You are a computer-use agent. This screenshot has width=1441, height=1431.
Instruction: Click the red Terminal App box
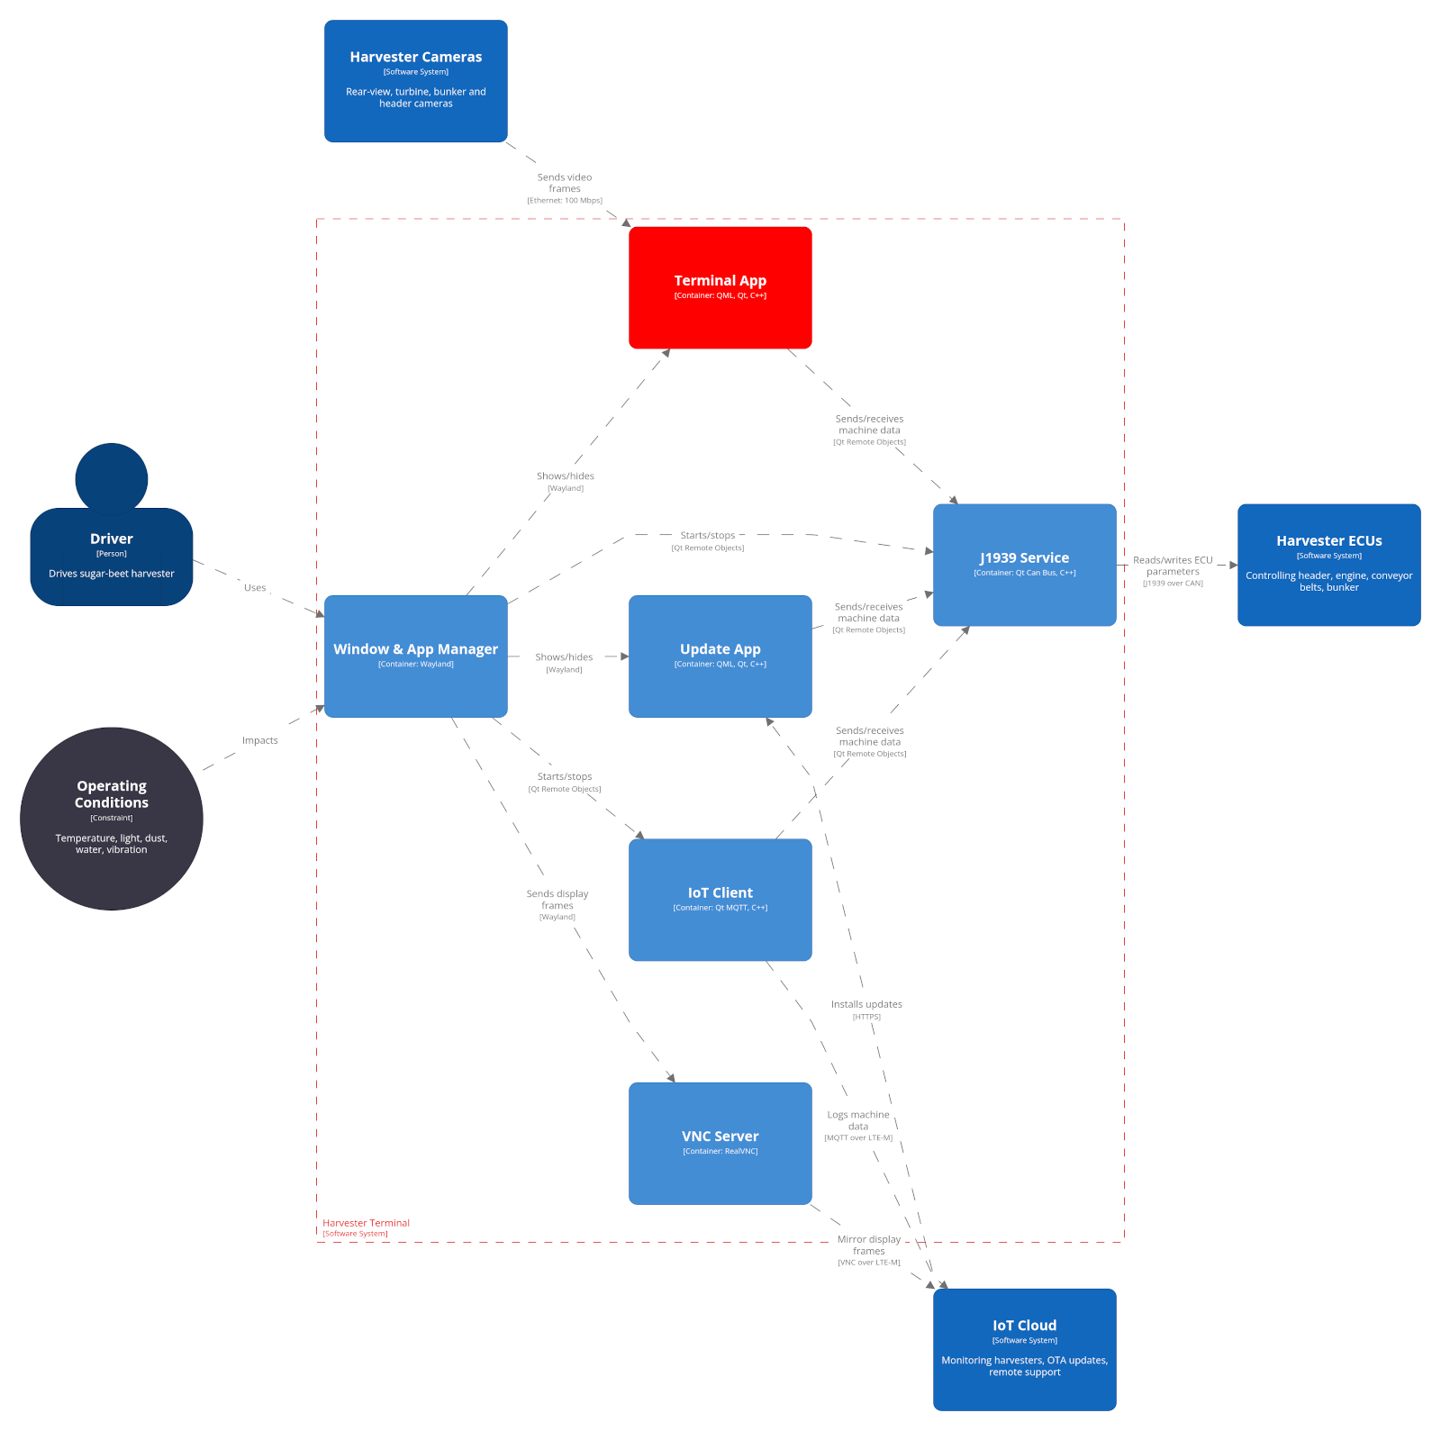click(720, 287)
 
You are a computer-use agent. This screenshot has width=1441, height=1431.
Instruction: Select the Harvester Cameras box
click(415, 81)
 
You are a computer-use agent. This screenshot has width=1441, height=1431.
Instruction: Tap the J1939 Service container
click(1024, 565)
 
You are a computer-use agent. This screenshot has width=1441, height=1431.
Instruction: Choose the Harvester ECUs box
click(1328, 565)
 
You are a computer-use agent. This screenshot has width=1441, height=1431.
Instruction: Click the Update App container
click(720, 656)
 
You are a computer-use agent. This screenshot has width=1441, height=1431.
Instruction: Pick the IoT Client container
click(720, 900)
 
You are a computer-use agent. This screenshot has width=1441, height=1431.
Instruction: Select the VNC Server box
click(720, 1143)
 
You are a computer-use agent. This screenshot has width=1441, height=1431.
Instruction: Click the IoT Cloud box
click(1024, 1349)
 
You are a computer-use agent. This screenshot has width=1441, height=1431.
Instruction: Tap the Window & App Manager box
click(415, 656)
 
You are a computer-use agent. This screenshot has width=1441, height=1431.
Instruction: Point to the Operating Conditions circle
click(112, 819)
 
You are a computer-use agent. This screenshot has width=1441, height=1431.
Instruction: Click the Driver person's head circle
click(112, 477)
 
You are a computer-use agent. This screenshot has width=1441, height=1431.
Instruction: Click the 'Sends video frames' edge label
click(565, 184)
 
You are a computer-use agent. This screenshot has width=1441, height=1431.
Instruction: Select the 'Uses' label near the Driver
click(255, 588)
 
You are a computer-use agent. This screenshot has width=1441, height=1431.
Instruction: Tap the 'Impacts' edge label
click(259, 740)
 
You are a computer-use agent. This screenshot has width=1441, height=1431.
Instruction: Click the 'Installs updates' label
click(866, 1005)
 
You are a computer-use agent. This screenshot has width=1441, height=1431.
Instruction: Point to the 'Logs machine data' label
click(858, 1121)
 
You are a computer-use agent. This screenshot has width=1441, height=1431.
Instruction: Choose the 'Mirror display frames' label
click(869, 1245)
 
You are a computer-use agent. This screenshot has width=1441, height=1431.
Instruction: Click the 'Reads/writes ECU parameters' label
click(1173, 566)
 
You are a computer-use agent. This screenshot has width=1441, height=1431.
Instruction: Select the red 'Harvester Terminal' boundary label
click(366, 1223)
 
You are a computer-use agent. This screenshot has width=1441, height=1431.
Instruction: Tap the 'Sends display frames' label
click(557, 900)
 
